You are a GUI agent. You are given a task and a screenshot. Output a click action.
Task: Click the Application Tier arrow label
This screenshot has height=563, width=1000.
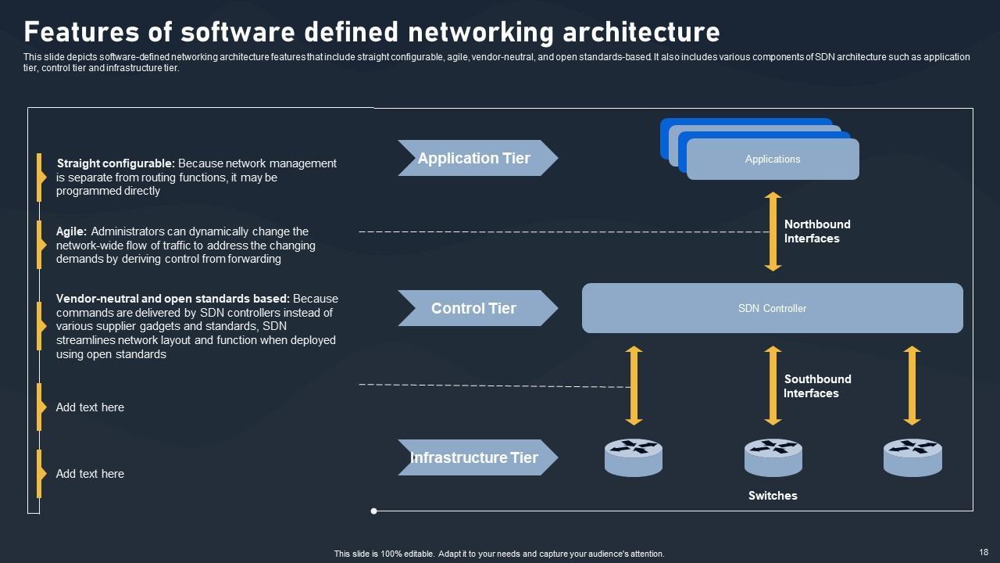(x=474, y=158)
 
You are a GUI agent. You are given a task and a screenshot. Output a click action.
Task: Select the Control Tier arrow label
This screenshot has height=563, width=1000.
(x=474, y=308)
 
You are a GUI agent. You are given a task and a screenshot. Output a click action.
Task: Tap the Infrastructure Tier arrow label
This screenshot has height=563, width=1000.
(x=474, y=457)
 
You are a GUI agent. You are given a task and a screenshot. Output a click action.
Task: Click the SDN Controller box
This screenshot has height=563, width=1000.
(x=772, y=308)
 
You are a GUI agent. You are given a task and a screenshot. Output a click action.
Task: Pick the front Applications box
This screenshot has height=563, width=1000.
(x=773, y=160)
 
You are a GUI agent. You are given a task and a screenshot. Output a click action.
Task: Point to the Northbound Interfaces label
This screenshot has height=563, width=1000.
(x=817, y=231)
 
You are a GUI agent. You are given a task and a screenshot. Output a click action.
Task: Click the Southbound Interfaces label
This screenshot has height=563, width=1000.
(x=817, y=386)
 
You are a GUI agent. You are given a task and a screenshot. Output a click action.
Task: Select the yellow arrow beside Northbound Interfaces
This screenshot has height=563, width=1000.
(x=773, y=231)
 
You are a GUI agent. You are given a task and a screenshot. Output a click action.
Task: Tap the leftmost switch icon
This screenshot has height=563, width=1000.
(x=634, y=457)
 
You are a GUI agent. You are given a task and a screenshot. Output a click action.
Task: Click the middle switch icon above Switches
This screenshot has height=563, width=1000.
(x=773, y=457)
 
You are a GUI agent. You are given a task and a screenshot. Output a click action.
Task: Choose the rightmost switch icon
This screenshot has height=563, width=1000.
(x=912, y=457)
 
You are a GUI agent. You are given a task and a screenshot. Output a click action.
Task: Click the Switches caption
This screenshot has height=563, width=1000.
(x=773, y=496)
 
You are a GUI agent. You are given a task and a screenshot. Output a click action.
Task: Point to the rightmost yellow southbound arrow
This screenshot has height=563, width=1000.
(x=912, y=386)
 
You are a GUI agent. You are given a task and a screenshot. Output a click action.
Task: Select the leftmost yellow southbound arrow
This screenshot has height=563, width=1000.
(x=634, y=386)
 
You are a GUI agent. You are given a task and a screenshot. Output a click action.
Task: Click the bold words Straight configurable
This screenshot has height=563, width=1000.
(x=116, y=163)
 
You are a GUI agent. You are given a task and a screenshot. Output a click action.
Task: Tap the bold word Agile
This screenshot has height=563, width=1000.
(x=71, y=231)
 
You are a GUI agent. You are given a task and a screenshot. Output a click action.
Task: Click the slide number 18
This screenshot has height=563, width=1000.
(x=984, y=551)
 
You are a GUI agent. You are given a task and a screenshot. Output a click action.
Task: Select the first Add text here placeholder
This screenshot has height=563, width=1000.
(x=90, y=407)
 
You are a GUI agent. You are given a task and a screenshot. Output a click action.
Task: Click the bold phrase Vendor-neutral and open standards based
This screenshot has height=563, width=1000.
(x=173, y=299)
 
